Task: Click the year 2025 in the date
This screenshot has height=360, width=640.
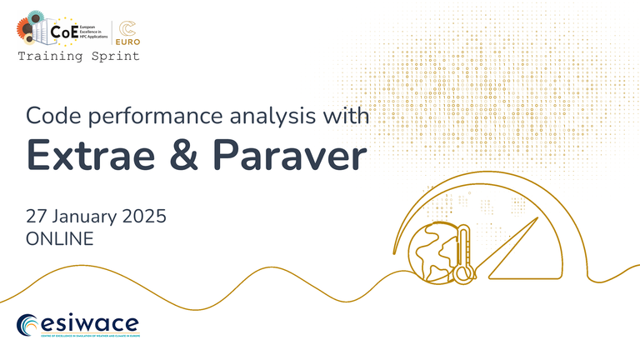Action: [142, 216]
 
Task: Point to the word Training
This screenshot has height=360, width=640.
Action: [49, 57]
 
